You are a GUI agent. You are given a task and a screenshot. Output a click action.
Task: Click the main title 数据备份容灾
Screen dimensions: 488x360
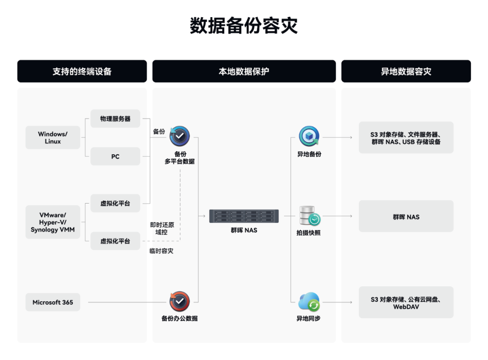coord(244,25)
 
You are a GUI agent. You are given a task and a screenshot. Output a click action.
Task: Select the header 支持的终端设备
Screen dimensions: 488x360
coord(82,71)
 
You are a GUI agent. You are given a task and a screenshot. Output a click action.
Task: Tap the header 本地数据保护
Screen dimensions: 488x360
coord(244,71)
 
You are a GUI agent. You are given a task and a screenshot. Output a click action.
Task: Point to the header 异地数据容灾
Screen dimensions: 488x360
coord(406,71)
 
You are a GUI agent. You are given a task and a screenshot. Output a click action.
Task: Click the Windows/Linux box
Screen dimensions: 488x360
coord(52,137)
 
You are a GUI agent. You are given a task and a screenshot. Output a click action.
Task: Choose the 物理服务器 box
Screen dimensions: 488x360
coord(115,118)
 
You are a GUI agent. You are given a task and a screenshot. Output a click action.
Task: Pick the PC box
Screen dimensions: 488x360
coord(115,156)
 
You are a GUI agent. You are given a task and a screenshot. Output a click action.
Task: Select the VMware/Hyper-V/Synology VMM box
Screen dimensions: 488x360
coord(52,222)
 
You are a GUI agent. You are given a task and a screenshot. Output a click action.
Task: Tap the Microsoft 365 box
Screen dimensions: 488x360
coord(52,302)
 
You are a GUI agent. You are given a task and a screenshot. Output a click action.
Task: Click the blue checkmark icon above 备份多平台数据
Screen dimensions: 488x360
coord(179,136)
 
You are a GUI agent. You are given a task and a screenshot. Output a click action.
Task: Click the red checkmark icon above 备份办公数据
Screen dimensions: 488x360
coord(179,302)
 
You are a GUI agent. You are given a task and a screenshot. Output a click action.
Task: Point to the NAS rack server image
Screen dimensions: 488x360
coord(244,216)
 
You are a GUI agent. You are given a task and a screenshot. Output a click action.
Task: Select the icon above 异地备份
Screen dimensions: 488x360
coord(309,136)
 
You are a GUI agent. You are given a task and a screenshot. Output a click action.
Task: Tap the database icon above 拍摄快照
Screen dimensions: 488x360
coord(310,215)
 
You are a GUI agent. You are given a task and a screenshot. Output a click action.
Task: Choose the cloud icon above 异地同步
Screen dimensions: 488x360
coord(309,302)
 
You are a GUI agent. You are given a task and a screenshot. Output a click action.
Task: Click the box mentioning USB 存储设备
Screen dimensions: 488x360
coord(406,137)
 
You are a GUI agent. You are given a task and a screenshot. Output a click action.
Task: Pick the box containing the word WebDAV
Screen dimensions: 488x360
coord(406,302)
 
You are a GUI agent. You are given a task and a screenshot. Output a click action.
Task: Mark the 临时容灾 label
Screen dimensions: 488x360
coord(161,251)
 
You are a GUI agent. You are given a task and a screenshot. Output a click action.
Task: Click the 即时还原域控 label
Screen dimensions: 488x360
coord(162,228)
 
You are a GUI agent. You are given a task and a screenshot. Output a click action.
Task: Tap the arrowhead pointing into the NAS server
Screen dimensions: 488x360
coord(204,216)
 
